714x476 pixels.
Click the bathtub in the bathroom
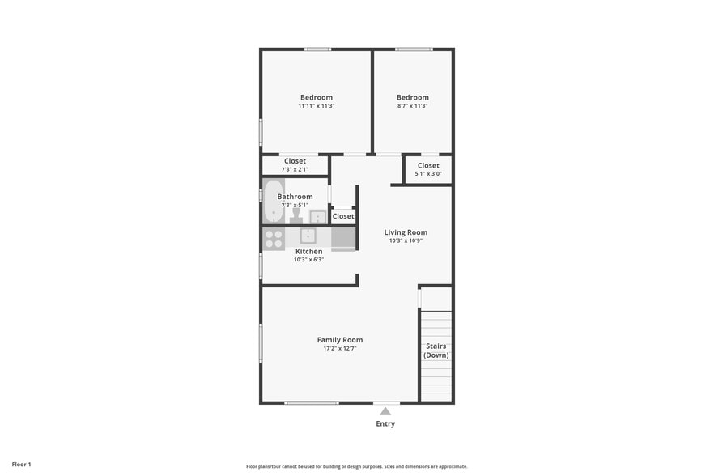click(273, 202)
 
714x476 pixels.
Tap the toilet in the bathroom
click(295, 216)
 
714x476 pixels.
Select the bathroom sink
click(318, 216)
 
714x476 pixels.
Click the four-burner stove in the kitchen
click(274, 239)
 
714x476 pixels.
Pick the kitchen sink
click(308, 236)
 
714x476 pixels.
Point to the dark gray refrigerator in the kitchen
click(343, 238)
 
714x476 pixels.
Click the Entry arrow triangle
click(385, 411)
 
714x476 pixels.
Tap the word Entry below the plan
click(385, 424)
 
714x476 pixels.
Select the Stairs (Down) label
click(436, 351)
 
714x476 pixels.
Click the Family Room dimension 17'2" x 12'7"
click(339, 348)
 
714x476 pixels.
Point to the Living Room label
click(405, 232)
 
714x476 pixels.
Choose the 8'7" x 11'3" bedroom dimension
click(412, 106)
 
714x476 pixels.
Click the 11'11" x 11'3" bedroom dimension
click(316, 106)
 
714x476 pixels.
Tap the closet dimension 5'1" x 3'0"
click(428, 174)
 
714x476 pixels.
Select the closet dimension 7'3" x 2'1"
click(295, 169)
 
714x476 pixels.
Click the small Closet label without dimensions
click(343, 216)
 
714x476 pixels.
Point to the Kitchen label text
click(308, 252)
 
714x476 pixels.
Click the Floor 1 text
click(21, 465)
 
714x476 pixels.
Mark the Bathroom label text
click(295, 197)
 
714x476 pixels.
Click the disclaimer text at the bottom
click(356, 466)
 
